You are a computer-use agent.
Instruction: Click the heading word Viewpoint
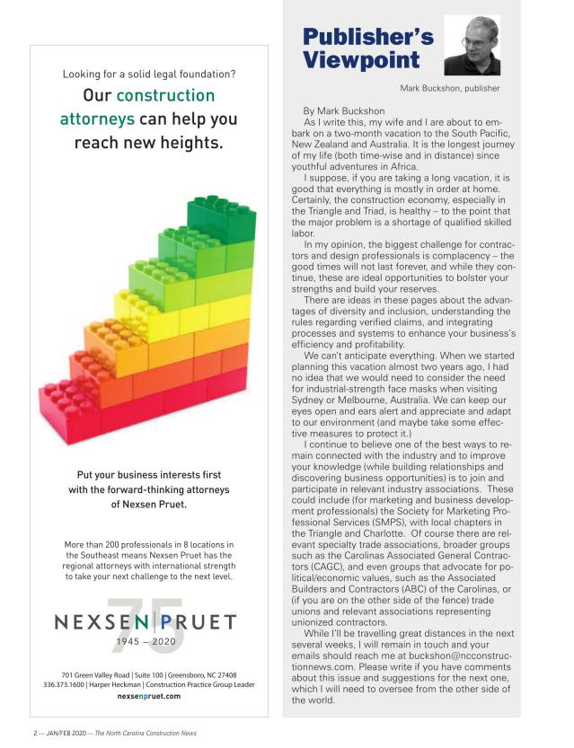point(360,60)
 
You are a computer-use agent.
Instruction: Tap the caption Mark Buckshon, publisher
point(449,88)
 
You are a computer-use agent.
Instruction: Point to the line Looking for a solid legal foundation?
point(149,73)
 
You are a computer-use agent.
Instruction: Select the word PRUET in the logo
point(199,621)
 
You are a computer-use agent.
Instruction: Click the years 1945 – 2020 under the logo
point(149,642)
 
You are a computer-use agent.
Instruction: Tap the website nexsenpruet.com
point(149,696)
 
